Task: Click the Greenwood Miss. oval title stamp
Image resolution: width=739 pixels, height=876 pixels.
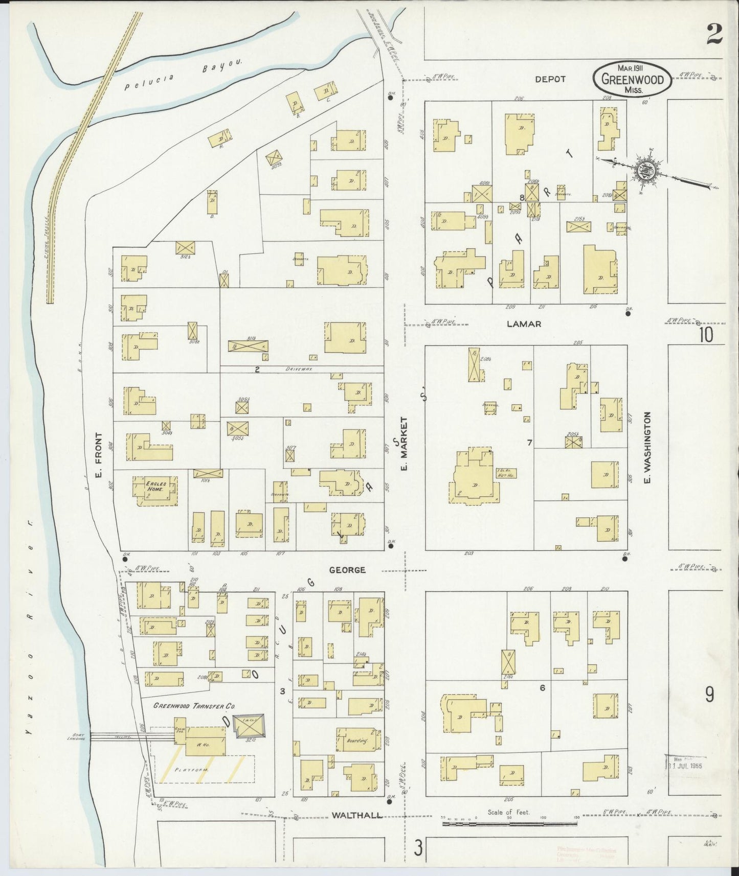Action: [632, 79]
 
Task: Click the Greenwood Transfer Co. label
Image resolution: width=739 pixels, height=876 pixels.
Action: [194, 706]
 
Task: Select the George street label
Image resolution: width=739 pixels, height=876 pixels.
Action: [347, 569]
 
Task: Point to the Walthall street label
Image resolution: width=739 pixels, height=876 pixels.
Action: [357, 815]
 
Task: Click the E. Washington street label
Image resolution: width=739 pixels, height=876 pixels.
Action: [647, 448]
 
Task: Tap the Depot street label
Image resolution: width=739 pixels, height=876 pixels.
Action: [550, 79]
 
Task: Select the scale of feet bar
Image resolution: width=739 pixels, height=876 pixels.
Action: [509, 823]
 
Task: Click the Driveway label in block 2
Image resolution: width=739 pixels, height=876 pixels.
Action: [300, 368]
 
